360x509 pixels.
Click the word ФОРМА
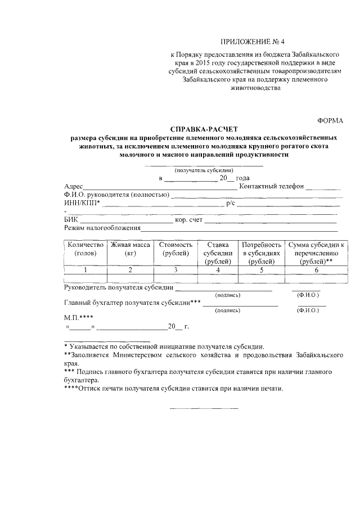(330, 121)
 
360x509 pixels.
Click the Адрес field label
(74, 187)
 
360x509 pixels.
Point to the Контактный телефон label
(271, 187)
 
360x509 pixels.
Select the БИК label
(71, 220)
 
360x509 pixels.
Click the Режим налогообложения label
(102, 228)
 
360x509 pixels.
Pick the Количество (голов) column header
(86, 249)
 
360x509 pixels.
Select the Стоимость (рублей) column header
(175, 249)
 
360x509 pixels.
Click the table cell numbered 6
(317, 271)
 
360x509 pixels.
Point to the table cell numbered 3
(175, 271)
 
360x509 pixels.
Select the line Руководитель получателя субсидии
(118, 288)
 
